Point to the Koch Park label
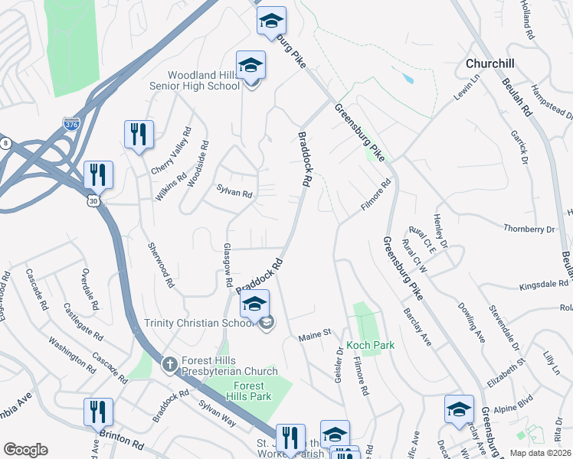[370, 345]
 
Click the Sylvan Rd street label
[234, 194]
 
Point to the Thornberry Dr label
[529, 229]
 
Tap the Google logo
[25, 450]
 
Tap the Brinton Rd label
[121, 438]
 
